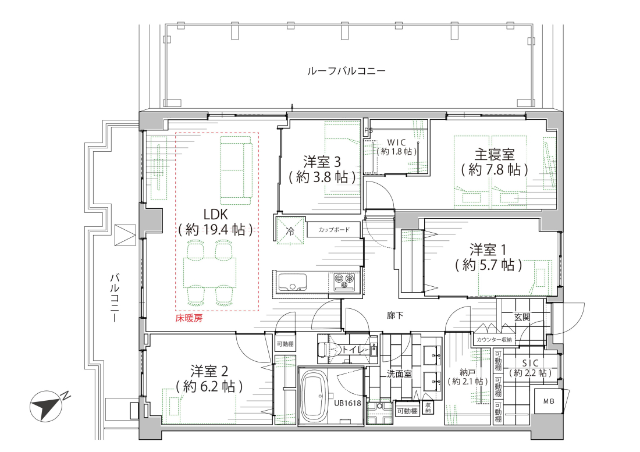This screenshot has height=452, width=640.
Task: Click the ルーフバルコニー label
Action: [x=346, y=72]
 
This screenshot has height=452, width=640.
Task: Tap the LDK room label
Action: [x=215, y=215]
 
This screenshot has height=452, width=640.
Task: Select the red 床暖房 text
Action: [x=189, y=318]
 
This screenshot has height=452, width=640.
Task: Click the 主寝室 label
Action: [x=495, y=155]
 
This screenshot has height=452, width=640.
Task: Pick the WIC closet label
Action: [x=396, y=143]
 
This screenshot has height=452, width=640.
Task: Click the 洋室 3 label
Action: [x=322, y=162]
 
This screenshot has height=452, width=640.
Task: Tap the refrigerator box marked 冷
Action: [x=290, y=231]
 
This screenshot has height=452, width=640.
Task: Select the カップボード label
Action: [x=334, y=230]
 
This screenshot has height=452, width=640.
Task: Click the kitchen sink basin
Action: [x=292, y=282]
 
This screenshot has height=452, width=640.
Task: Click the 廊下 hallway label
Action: [x=395, y=315]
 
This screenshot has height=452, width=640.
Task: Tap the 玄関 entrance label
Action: [x=522, y=317]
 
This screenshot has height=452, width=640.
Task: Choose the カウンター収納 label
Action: [x=494, y=339]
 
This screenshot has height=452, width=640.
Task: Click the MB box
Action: [x=549, y=401]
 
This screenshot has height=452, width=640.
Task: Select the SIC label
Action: [x=530, y=363]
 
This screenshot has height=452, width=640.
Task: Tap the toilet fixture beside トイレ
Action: [x=329, y=350]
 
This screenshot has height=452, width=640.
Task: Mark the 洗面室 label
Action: [x=399, y=373]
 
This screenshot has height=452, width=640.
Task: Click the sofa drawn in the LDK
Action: [x=237, y=170]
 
